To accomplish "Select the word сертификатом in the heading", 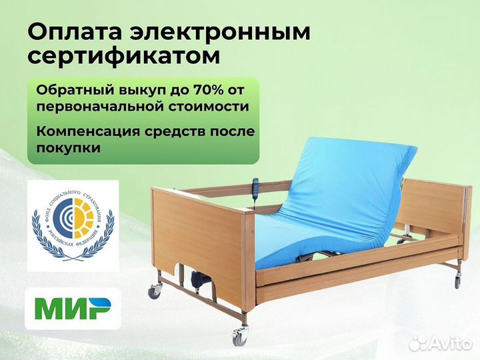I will pyautogui.click(x=124, y=57).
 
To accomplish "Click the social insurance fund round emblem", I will pyautogui.click(x=73, y=225).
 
